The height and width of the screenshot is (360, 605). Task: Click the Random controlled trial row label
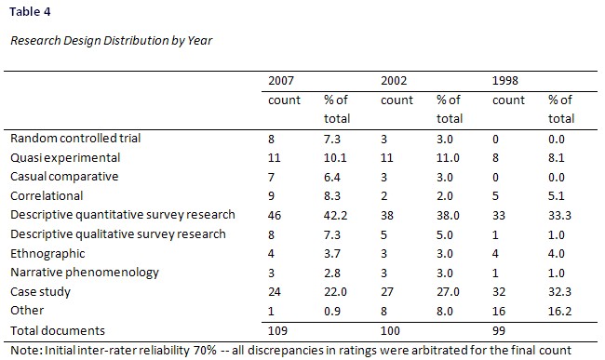pyautogui.click(x=74, y=139)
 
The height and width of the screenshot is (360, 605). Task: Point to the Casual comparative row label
pyautogui.click(x=63, y=177)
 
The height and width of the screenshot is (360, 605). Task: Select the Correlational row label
pyautogui.click(x=47, y=196)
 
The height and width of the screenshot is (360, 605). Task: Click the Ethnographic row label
pyautogui.click(x=47, y=253)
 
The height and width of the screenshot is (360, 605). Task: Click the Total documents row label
pyautogui.click(x=57, y=330)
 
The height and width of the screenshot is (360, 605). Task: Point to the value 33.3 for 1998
pyautogui.click(x=560, y=215)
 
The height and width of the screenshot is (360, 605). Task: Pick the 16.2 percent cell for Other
pyautogui.click(x=560, y=310)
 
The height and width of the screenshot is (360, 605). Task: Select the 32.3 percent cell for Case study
pyautogui.click(x=560, y=291)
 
